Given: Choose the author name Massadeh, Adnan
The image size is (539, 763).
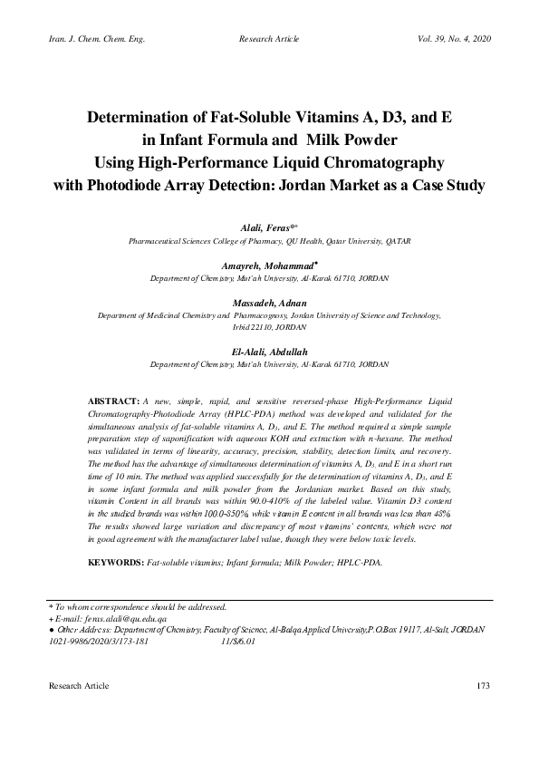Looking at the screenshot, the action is click(268, 303).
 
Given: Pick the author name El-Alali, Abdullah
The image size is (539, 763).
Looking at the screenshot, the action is click(269, 351).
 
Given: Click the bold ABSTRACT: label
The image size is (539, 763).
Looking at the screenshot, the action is click(112, 400).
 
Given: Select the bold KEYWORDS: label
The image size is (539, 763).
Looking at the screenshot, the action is click(115, 563).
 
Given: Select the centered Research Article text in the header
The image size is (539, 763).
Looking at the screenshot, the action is click(268, 39).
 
